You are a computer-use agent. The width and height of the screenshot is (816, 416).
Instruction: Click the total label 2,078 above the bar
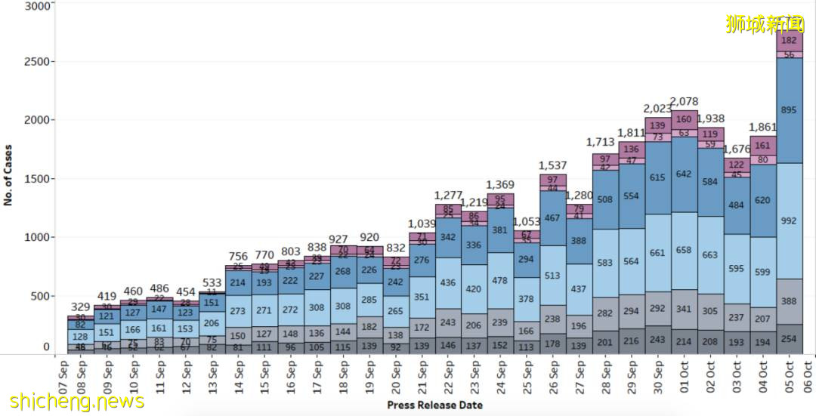[684, 102]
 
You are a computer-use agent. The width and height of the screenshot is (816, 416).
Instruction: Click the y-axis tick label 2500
[37, 61]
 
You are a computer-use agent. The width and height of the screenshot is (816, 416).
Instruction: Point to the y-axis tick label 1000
[37, 237]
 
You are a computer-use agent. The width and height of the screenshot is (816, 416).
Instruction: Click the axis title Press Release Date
[435, 405]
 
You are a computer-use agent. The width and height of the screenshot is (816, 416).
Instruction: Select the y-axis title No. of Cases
[8, 174]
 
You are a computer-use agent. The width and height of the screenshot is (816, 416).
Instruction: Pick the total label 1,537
[552, 165]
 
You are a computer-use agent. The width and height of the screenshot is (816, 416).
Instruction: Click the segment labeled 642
[684, 174]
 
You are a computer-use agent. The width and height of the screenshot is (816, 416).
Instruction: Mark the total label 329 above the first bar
[80, 307]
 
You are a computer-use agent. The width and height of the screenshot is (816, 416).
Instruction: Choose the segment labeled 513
[552, 276]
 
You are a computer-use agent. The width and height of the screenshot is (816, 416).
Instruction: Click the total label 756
[238, 256]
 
